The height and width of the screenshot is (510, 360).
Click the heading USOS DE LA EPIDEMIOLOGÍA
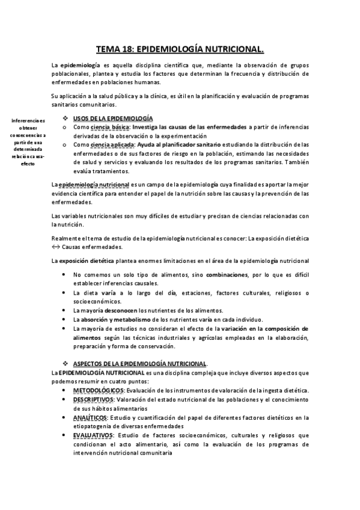click(x=112, y=118)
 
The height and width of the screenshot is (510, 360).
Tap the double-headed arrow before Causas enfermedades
click(x=56, y=247)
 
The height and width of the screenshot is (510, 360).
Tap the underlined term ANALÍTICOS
click(x=91, y=417)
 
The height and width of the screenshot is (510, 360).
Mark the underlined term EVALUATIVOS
click(x=94, y=435)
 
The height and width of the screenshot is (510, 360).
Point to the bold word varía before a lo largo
click(x=108, y=292)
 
